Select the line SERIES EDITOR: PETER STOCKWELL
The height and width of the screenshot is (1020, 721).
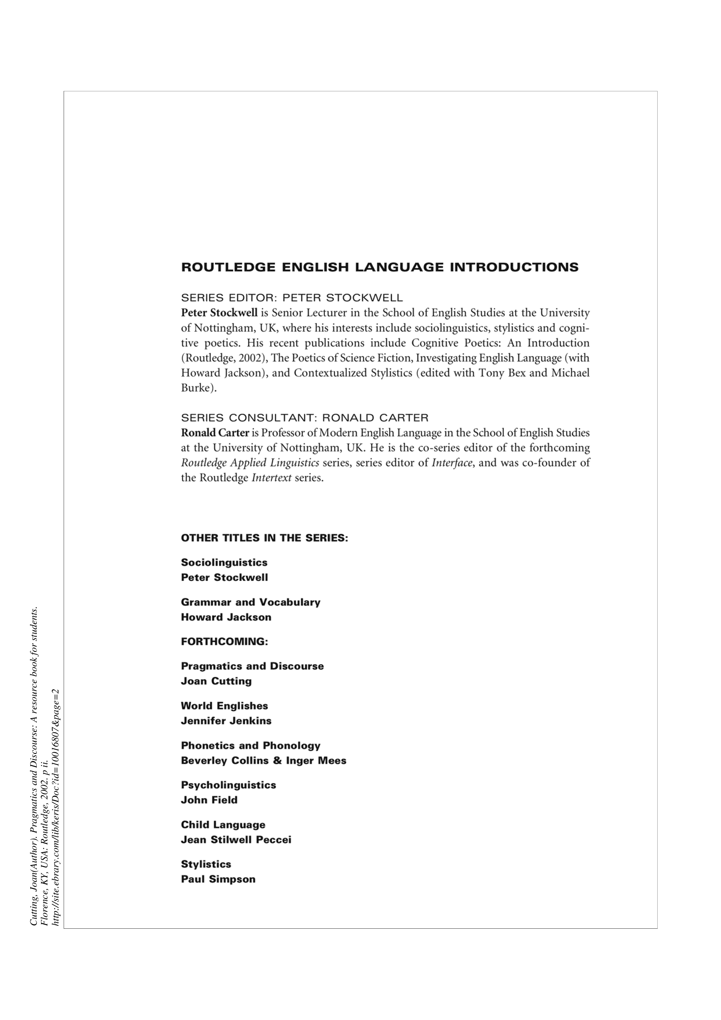coord(292,298)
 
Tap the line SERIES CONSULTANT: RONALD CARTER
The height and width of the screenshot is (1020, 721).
coord(305,418)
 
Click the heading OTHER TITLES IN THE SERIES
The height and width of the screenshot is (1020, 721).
coord(264,538)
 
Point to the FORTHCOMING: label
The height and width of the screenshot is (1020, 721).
coord(224,641)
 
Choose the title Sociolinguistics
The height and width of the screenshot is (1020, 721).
coord(224,562)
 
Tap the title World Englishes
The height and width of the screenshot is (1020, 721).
coord(224,706)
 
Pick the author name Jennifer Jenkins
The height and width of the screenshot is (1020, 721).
coord(226,721)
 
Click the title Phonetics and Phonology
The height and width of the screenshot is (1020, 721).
coord(250,746)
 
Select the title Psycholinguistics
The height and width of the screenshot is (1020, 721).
coord(228,785)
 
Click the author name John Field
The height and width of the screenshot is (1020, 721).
coord(209,800)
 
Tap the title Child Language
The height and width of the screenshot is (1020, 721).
coord(223,825)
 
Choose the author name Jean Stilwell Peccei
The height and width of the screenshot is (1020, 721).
coord(236,840)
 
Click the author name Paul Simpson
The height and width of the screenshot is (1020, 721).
coord(218,879)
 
